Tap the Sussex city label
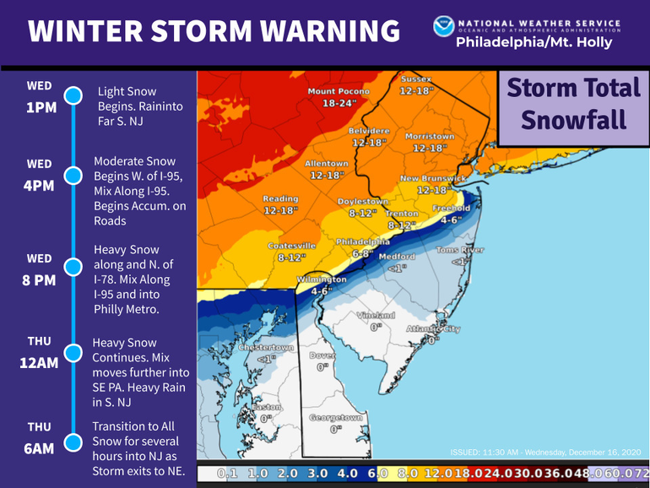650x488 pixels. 416,79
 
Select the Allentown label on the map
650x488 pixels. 327,164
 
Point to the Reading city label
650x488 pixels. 280,199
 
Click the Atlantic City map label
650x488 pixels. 432,328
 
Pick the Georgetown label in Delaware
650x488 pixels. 336,417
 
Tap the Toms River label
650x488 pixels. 460,251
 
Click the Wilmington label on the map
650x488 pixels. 321,279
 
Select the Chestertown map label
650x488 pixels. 266,348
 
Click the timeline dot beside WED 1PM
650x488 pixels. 73,95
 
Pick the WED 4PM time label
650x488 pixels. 40,174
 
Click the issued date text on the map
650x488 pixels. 546,451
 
